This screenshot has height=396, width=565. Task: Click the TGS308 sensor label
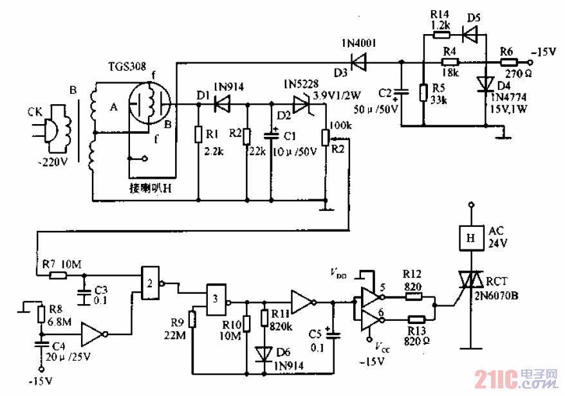(127, 66)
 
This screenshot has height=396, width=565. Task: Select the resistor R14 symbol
(440, 37)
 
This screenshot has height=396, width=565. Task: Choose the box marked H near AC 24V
(471, 238)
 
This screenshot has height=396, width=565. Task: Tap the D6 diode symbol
(263, 354)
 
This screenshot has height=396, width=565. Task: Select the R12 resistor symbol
(414, 298)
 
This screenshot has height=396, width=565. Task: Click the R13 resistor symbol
(416, 319)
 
